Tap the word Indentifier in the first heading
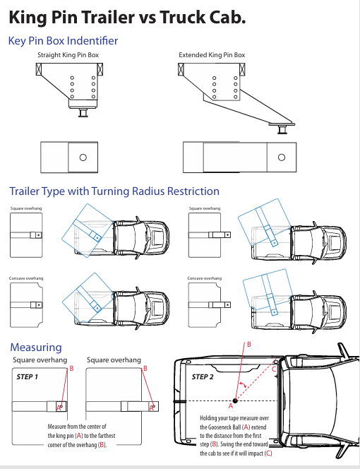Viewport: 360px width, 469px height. (87, 41)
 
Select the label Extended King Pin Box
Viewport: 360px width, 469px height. (212, 55)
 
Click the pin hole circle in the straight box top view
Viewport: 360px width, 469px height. (83, 156)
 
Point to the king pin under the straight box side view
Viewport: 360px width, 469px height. (83, 112)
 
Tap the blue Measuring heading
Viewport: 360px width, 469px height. (35, 348)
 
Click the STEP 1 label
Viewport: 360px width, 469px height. (27, 377)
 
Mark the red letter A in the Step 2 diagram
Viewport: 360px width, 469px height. (230, 407)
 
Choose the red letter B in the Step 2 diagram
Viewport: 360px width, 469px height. (248, 344)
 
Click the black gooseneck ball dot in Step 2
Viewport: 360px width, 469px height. (234, 400)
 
